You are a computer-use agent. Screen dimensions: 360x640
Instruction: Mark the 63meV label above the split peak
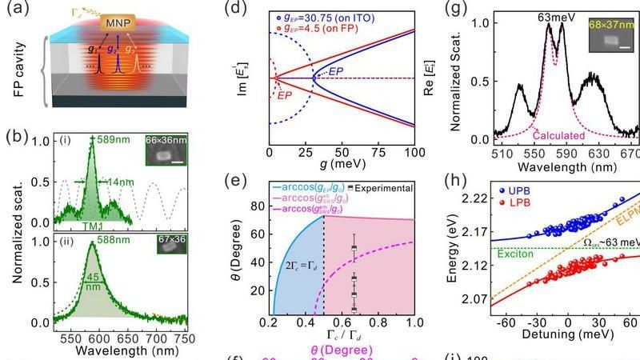[x=551, y=14]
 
